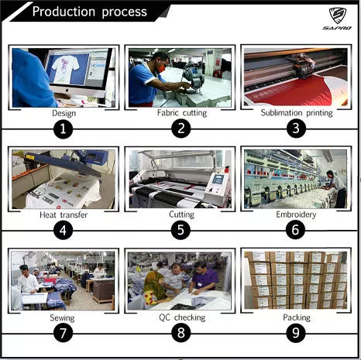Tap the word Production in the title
click(x=64, y=12)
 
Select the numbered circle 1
click(x=64, y=129)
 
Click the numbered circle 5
click(x=180, y=230)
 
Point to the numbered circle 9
click(x=296, y=333)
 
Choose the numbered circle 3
click(x=296, y=129)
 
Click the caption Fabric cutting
click(x=182, y=113)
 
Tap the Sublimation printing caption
click(x=297, y=113)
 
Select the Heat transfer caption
click(x=64, y=214)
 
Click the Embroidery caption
click(x=296, y=214)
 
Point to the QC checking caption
click(x=182, y=317)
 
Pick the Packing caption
click(x=297, y=317)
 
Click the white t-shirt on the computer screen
click(x=65, y=67)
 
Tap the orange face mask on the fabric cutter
click(x=161, y=68)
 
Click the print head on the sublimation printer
click(x=304, y=66)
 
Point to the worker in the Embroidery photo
click(x=336, y=188)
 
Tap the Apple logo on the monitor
click(x=67, y=90)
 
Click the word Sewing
click(x=62, y=318)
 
